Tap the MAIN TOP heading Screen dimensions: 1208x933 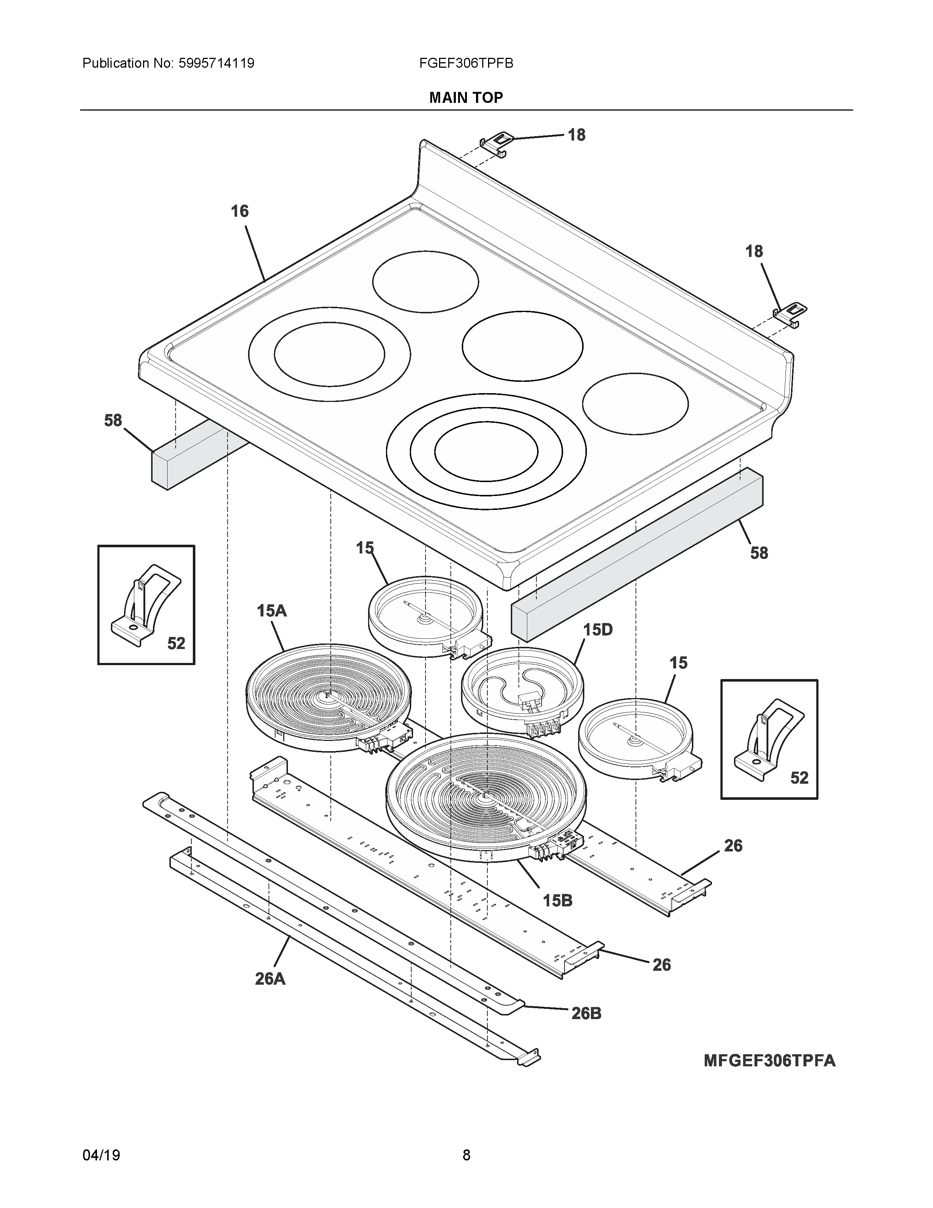(466, 98)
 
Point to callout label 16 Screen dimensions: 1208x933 (239, 211)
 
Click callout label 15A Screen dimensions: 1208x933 (271, 611)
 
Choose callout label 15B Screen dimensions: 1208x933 (557, 901)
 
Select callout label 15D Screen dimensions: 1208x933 (597, 630)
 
